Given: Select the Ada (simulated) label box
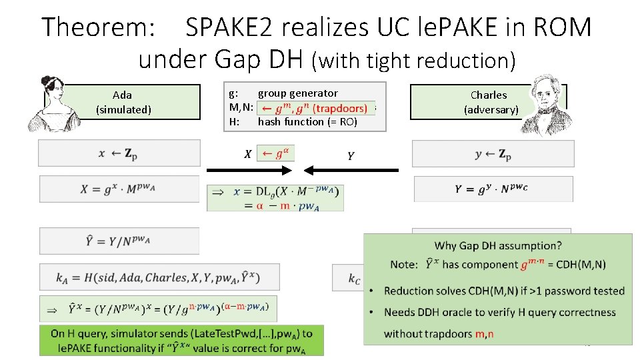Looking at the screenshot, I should coord(123,102).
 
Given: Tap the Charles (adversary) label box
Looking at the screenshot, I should coord(488,102).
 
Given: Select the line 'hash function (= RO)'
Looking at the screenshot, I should coord(307,121).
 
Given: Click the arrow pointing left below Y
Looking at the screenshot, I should coord(359,171).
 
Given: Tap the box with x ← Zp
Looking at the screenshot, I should coord(119,153).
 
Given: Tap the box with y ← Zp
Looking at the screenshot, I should coord(493,153).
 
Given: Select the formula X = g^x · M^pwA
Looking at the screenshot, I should coord(119,189).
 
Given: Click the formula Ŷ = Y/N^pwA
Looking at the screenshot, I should coord(119,241).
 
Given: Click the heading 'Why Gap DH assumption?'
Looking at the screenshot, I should coord(498,246).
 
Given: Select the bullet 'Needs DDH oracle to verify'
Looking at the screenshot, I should coord(499,312).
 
